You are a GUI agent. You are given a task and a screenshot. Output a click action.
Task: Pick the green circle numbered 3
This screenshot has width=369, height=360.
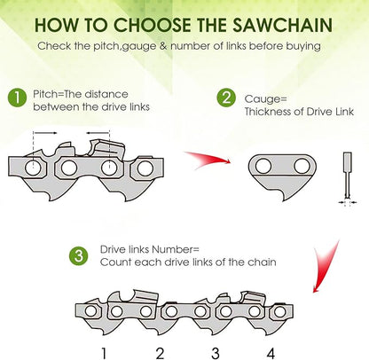coord(80,256)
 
